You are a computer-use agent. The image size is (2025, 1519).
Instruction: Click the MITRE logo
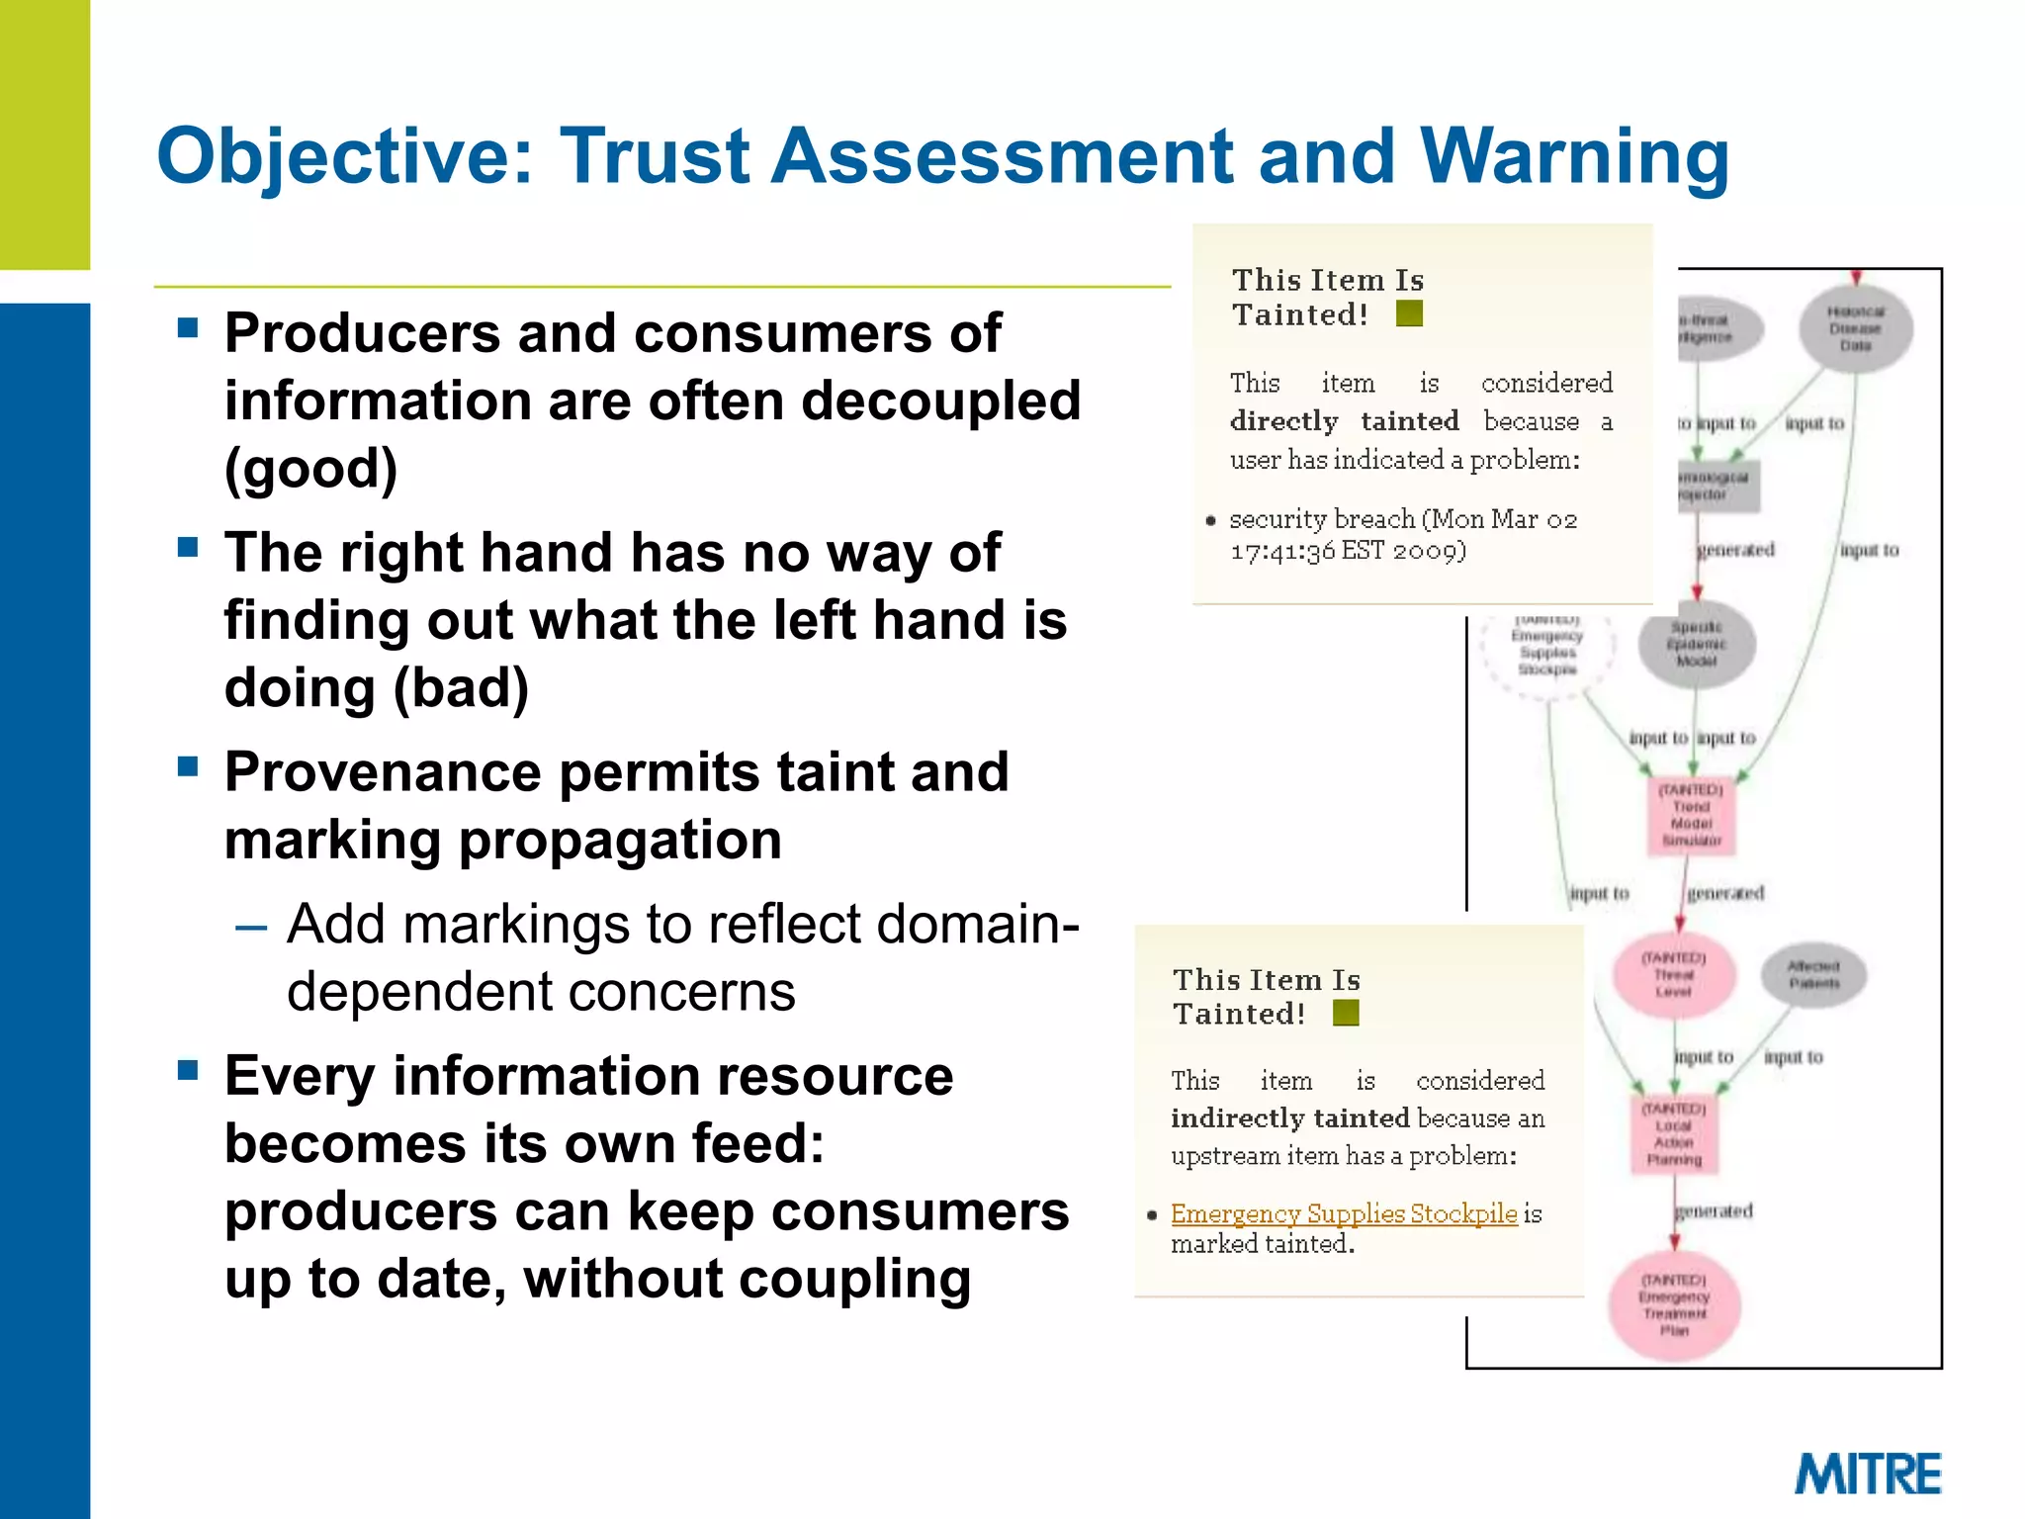pos(1867,1474)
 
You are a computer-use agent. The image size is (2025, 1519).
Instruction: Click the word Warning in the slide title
pos(1574,156)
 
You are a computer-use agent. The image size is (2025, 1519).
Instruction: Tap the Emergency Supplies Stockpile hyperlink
pos(1343,1213)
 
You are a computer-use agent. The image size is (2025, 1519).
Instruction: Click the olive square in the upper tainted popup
pos(1409,313)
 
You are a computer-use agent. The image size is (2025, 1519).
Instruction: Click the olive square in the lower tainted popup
pos(1346,1013)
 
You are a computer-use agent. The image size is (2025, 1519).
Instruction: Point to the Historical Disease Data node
pos(1855,329)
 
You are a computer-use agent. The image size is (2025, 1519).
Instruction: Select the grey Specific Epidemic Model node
pos(1696,644)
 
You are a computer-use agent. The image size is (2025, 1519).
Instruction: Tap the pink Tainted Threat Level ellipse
pos(1673,974)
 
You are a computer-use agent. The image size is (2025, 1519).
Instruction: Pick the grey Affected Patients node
pos(1813,974)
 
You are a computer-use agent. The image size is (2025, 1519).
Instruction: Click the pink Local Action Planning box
pos(1673,1134)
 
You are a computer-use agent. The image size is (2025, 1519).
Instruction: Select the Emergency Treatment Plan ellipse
pos(1673,1305)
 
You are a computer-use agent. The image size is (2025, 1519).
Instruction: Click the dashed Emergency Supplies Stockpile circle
pos(1546,649)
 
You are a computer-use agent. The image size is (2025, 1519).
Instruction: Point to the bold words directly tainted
pos(1344,421)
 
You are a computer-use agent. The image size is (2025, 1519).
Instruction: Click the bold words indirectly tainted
pos(1289,1117)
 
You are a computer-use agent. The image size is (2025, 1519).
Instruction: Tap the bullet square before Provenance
pos(188,766)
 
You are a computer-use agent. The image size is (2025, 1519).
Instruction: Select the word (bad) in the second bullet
pos(461,688)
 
